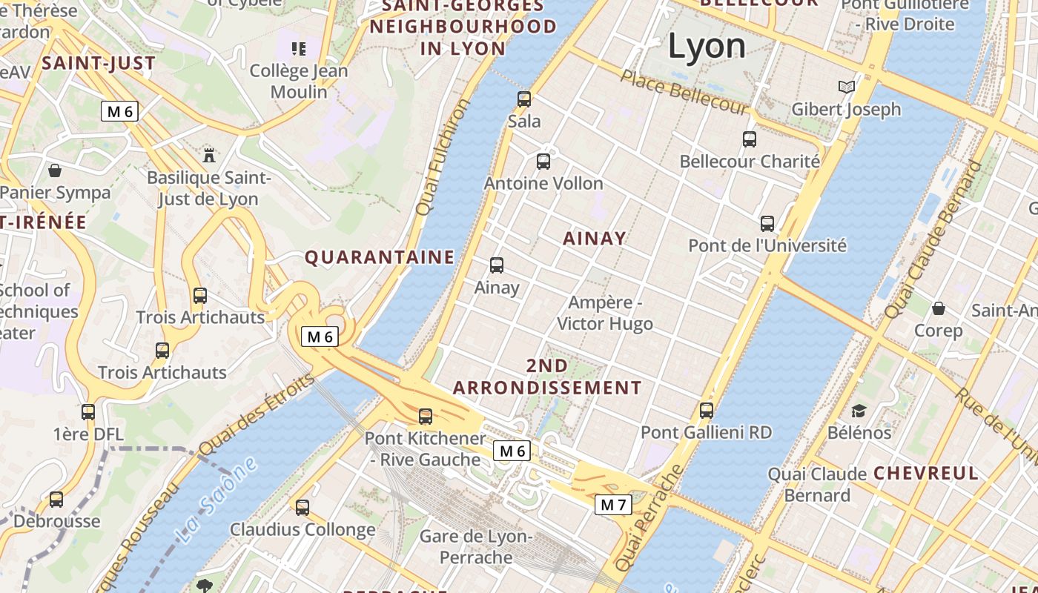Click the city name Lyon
[x=707, y=46]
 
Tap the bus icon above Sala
[x=524, y=99]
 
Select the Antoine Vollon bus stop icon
[x=543, y=161]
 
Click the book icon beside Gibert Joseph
[x=847, y=87]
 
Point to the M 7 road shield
[x=613, y=505]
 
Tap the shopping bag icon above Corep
[x=939, y=308]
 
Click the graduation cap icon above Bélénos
[x=859, y=411]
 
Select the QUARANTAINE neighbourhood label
[x=380, y=257]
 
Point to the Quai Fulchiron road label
[x=443, y=157]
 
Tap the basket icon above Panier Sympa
[x=55, y=170]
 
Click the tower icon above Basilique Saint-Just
[x=209, y=155]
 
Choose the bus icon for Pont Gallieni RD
[x=707, y=410]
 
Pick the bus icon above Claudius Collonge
[x=303, y=508]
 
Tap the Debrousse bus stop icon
[x=56, y=500]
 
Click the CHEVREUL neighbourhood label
[x=926, y=473]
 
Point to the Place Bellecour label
[x=685, y=92]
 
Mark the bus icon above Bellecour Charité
[x=750, y=139]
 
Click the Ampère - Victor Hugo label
[x=605, y=313]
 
